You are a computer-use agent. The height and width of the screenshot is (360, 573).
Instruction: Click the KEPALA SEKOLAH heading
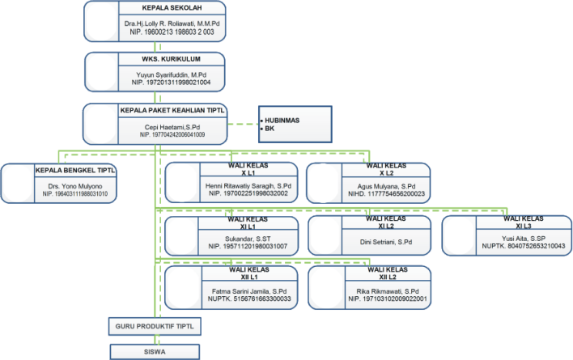click(x=172, y=7)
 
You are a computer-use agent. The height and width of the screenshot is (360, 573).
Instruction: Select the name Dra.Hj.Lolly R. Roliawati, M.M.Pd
click(x=172, y=23)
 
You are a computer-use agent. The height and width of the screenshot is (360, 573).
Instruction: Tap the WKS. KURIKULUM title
click(x=171, y=59)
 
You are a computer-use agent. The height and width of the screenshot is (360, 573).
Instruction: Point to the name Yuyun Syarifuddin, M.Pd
click(x=171, y=75)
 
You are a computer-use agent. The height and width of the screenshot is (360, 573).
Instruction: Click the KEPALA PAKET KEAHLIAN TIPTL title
click(x=172, y=110)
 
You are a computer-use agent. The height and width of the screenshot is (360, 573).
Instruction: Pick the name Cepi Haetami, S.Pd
click(x=172, y=127)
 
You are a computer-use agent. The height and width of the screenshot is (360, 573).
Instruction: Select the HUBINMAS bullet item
click(x=280, y=120)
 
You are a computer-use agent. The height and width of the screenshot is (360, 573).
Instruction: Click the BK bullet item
click(x=268, y=129)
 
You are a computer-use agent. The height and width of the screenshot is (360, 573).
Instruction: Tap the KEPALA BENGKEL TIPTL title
click(x=75, y=170)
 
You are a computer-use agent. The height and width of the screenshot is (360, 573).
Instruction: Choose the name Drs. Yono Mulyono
click(x=75, y=186)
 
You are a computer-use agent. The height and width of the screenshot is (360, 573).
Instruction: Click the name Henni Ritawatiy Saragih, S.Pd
click(x=248, y=186)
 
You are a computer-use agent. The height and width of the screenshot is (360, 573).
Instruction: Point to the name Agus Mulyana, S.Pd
click(x=386, y=186)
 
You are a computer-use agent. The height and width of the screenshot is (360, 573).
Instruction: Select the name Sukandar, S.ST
click(x=248, y=239)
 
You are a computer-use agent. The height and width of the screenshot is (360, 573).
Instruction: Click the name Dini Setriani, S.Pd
click(x=386, y=242)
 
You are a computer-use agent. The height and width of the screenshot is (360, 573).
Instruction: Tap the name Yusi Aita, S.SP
click(x=524, y=239)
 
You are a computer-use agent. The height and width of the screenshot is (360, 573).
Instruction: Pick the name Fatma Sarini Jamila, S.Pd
click(x=249, y=291)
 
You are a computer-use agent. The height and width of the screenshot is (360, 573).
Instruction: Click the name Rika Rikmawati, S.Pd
click(x=388, y=291)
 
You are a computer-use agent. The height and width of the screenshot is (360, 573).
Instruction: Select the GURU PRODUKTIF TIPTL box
click(x=155, y=326)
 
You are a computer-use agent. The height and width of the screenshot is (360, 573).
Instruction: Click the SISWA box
click(x=155, y=352)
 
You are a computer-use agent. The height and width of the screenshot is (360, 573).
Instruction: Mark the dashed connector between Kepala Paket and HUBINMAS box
click(x=243, y=124)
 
